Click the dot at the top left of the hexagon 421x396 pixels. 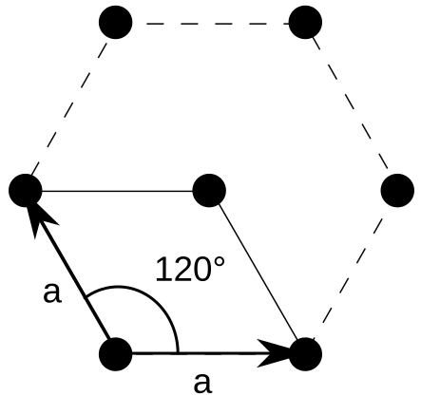tap(116, 21)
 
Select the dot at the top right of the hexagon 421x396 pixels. tap(305, 21)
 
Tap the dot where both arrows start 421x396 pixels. tap(116, 353)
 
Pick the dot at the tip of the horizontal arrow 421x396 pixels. tap(305, 353)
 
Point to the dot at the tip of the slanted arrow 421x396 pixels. tap(26, 191)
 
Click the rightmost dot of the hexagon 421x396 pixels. tap(397, 191)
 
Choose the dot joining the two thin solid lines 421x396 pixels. tap(209, 191)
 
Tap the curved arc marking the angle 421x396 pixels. tap(152, 299)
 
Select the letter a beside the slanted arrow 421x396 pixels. tap(52, 292)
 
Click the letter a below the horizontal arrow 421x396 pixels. tap(201, 381)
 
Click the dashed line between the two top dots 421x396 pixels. tap(210, 21)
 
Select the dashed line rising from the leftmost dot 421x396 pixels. tap(71, 105)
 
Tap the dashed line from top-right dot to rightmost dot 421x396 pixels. tap(352, 105)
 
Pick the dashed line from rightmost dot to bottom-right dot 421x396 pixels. tap(352, 272)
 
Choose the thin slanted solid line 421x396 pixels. tap(257, 272)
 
